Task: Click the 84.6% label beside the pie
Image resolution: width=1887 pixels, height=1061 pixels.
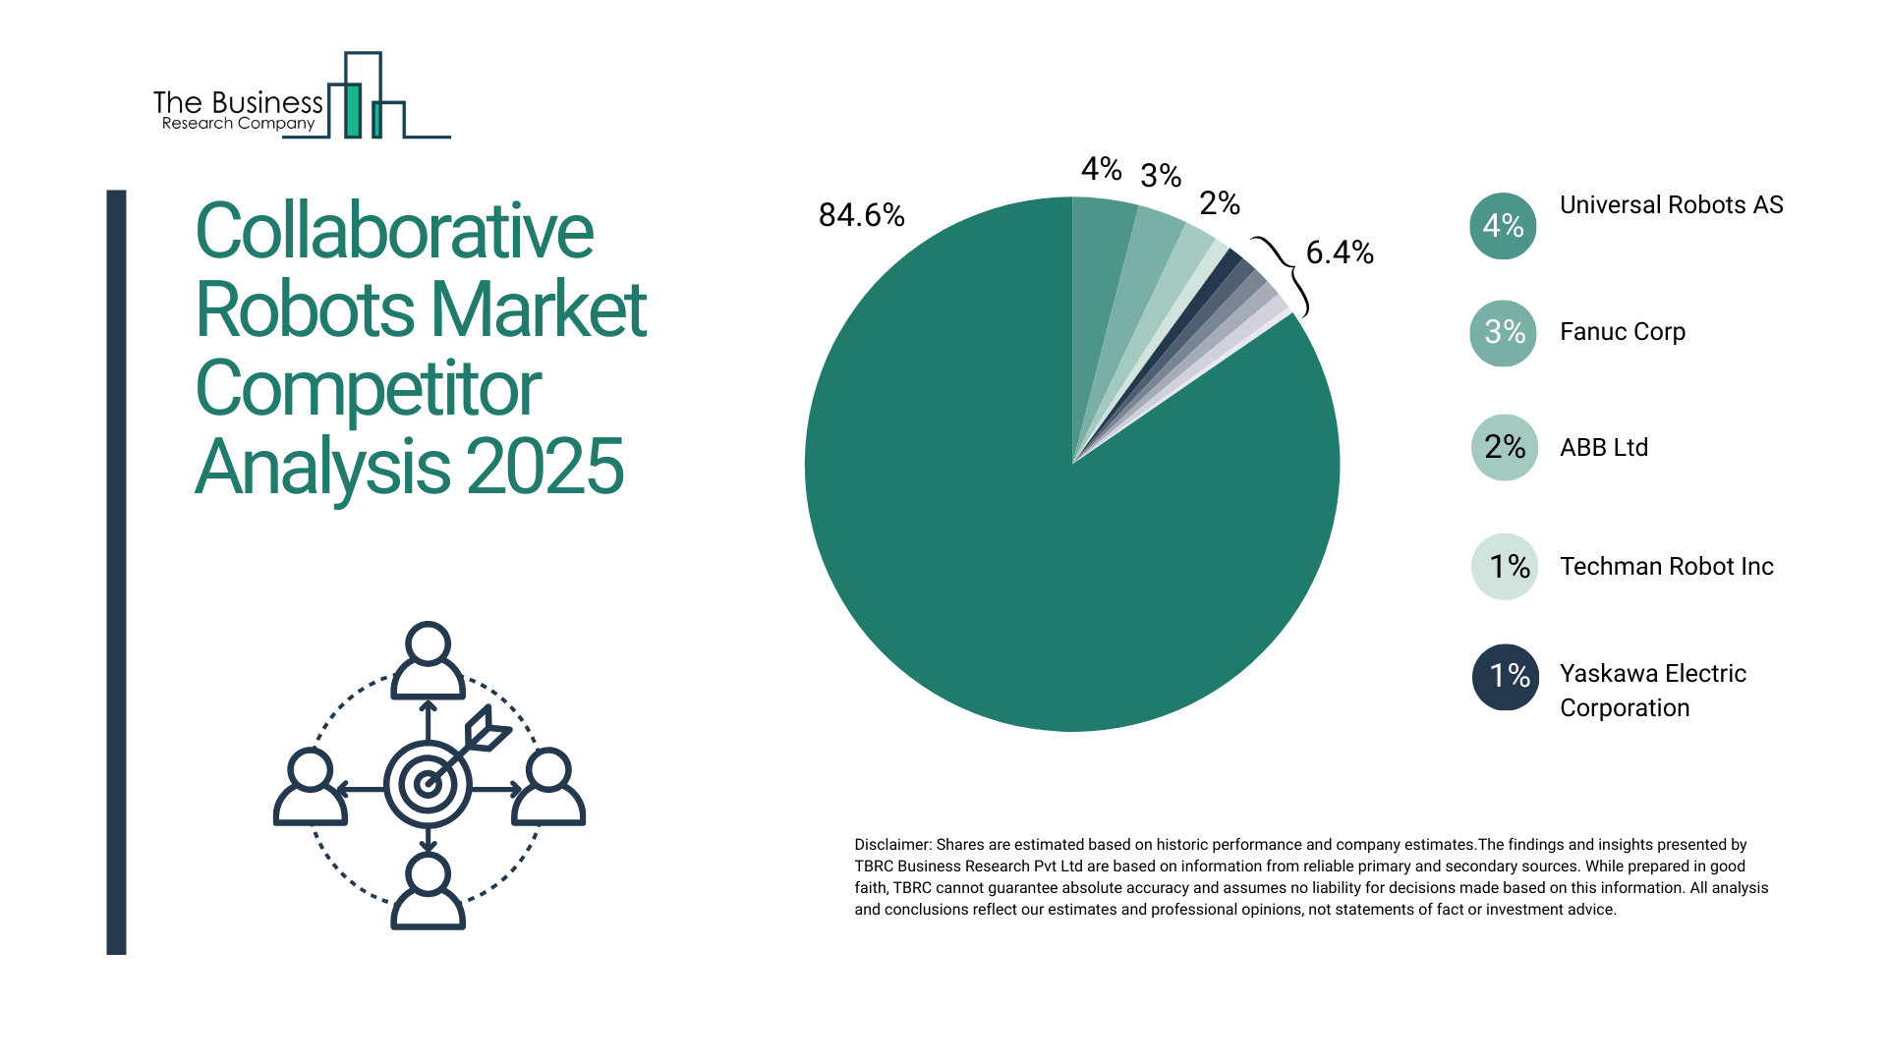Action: (861, 215)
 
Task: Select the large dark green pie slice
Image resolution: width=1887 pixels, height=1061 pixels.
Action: (1032, 550)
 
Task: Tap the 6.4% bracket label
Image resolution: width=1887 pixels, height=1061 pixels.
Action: (1339, 253)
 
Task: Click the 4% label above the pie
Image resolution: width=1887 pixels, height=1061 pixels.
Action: (1101, 169)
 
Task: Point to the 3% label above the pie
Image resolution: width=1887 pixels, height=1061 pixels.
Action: (1160, 176)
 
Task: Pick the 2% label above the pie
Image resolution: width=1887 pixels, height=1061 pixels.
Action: (1219, 203)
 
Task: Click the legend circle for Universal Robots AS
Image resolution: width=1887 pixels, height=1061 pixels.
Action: (1503, 226)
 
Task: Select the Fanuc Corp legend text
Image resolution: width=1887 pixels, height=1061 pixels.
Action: (1622, 332)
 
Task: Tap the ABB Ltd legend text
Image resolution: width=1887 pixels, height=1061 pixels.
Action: (1603, 448)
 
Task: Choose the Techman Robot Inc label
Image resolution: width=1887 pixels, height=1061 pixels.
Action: (1666, 567)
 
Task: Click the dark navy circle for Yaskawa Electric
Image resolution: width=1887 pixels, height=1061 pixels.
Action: (1505, 676)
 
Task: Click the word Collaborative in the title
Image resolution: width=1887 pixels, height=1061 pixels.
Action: (394, 232)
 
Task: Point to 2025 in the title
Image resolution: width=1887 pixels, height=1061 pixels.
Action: (544, 468)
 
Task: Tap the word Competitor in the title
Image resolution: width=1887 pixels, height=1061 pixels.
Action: (368, 389)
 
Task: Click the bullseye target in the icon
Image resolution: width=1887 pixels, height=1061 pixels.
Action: (428, 784)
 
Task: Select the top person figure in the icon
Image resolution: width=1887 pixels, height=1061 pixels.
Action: (428, 661)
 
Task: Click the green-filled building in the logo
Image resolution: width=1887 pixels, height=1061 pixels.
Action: (352, 110)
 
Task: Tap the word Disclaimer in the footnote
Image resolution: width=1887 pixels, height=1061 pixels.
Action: (891, 845)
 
